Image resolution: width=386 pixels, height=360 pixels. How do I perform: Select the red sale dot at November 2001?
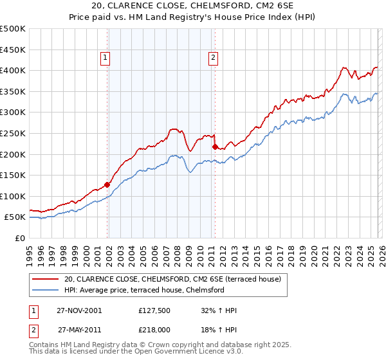(107, 184)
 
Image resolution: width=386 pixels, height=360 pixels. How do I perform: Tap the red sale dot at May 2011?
(215, 147)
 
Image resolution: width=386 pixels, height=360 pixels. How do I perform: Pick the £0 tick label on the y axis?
(21, 238)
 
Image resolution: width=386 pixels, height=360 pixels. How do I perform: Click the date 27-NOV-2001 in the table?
(80, 310)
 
